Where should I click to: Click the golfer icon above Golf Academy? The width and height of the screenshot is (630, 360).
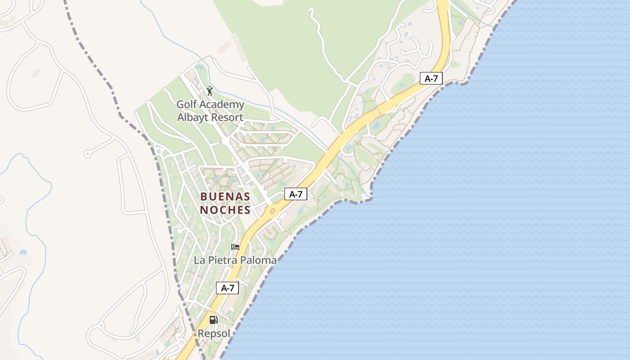click(210, 91)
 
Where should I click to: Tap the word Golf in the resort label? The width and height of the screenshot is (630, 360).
click(186, 105)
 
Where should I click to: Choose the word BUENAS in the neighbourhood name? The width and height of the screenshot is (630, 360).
click(225, 197)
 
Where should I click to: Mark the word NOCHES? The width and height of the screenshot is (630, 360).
click(225, 210)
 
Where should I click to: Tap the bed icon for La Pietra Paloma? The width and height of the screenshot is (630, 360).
click(235, 247)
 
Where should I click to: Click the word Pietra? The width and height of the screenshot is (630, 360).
click(219, 260)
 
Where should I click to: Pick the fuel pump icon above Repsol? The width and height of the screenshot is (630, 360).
click(213, 320)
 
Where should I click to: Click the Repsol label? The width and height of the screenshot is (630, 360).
click(214, 334)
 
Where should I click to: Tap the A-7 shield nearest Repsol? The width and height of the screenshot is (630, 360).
click(227, 288)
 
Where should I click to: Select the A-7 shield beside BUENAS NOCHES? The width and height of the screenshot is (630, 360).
click(296, 194)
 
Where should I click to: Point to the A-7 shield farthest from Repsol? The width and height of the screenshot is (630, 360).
click(431, 78)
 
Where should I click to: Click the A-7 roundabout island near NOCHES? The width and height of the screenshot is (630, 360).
click(272, 211)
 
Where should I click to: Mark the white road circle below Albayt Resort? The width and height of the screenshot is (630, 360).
click(225, 141)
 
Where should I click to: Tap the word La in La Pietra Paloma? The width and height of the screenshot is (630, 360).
click(199, 260)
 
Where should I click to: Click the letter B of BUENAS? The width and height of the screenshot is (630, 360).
click(204, 197)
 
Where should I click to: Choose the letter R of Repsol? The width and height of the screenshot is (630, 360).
click(201, 334)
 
